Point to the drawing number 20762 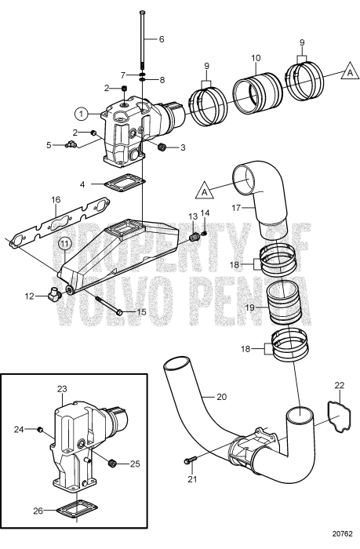[340, 540]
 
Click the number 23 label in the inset [63, 388]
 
